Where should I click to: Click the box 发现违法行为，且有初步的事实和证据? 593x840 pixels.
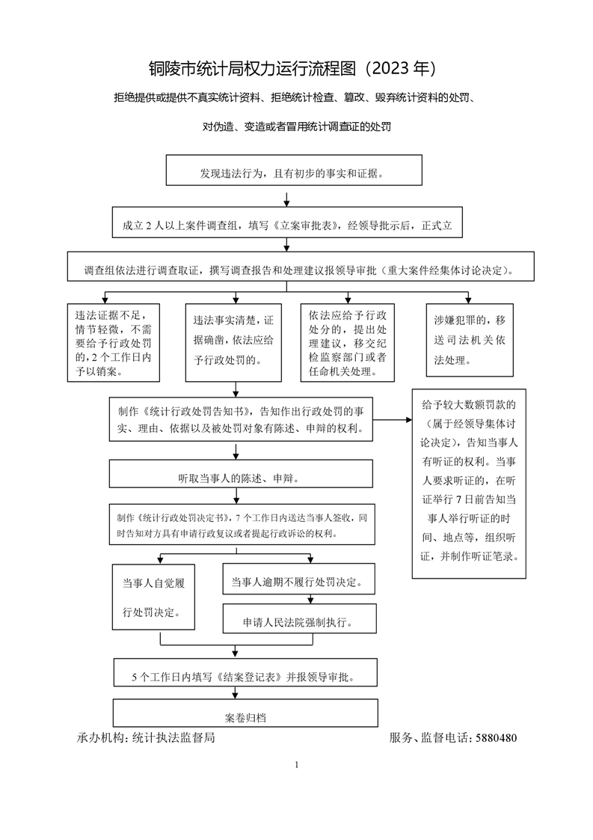[x=294, y=171]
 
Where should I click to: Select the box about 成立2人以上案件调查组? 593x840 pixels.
[x=287, y=222]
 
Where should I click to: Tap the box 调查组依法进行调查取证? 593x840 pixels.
[x=301, y=267]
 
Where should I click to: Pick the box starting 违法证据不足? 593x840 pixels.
[x=114, y=343]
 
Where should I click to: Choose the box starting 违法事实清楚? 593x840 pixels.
[x=233, y=343]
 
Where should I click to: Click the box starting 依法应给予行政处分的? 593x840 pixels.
[x=347, y=343]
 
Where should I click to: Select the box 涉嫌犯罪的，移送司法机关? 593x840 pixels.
[x=470, y=340]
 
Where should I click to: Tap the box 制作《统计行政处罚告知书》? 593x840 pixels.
[x=241, y=419]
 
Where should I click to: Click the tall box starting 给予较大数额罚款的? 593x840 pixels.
[x=469, y=484]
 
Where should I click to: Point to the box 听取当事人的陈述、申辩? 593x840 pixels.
[x=241, y=474]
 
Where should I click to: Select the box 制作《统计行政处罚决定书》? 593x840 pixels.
[x=242, y=525]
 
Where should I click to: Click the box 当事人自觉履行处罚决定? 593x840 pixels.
[x=153, y=597]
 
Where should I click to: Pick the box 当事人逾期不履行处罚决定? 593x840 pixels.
[x=298, y=579]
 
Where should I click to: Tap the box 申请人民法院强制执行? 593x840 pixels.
[x=300, y=618]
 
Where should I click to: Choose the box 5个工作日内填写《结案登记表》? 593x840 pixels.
[x=245, y=672]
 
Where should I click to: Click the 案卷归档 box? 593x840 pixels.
[x=246, y=713]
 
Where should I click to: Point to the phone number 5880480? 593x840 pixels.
[x=496, y=737]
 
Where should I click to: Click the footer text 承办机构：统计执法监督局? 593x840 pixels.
[x=146, y=737]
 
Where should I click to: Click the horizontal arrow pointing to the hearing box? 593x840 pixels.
[x=393, y=419]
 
